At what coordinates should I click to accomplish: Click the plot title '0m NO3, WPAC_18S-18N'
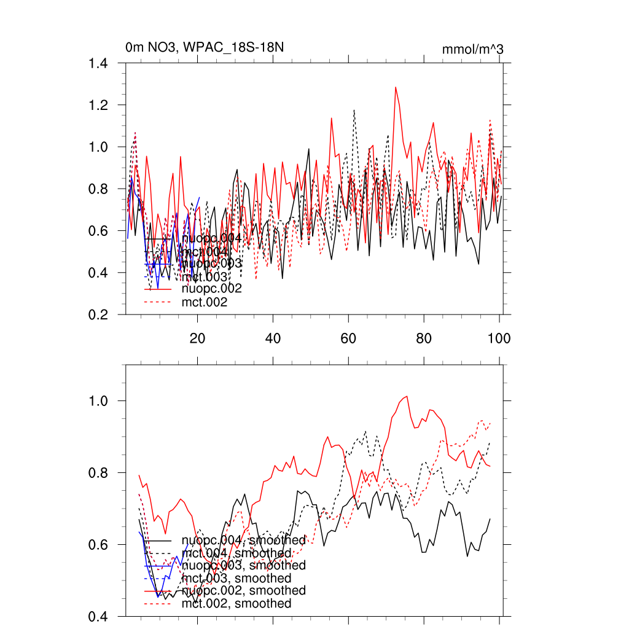[x=204, y=47]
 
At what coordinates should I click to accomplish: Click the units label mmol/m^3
[x=473, y=49]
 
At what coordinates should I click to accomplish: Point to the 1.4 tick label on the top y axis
[x=100, y=63]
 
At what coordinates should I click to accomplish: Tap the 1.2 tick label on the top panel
[x=100, y=105]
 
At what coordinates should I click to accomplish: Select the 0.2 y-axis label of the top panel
[x=100, y=314]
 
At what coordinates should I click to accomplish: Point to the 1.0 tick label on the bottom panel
[x=100, y=400]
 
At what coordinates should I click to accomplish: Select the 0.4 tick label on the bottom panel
[x=100, y=617]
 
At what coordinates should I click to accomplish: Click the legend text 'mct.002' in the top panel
[x=205, y=302]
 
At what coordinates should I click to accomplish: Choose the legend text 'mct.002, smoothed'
[x=236, y=604]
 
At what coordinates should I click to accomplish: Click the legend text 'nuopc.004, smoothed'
[x=244, y=541]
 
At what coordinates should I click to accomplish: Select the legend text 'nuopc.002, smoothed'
[x=244, y=590]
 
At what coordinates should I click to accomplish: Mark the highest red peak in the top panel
[x=396, y=87]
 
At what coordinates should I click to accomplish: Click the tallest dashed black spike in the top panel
[x=354, y=110]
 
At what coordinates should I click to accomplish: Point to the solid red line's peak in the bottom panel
[x=407, y=396]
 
